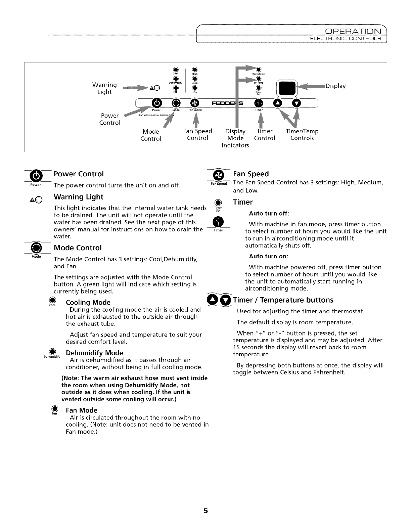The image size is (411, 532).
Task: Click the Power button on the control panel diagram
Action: (157, 102)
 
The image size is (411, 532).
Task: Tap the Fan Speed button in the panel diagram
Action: (195, 102)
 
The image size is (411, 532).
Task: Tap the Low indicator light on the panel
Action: (195, 89)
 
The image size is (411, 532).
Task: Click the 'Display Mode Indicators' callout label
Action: (235, 138)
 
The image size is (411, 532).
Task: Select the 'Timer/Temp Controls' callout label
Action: (302, 135)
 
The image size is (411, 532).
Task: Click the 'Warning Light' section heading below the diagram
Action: (79, 197)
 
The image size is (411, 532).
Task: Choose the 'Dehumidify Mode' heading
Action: (94, 353)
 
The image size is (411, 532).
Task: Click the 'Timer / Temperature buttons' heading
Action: (283, 300)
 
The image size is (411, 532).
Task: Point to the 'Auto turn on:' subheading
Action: (269, 256)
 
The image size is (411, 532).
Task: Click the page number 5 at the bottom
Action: (205, 511)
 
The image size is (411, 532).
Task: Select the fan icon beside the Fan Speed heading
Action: (218, 175)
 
